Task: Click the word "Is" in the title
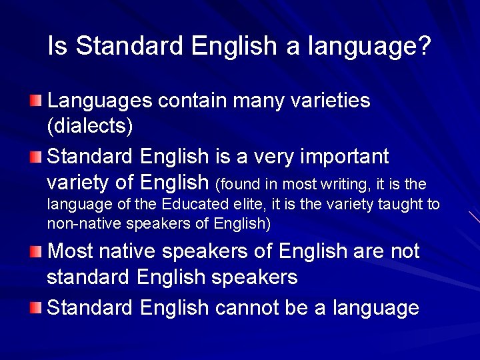click(x=57, y=46)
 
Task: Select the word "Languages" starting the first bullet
click(x=100, y=101)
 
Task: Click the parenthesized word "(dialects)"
click(x=90, y=125)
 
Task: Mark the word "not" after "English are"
click(x=402, y=251)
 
